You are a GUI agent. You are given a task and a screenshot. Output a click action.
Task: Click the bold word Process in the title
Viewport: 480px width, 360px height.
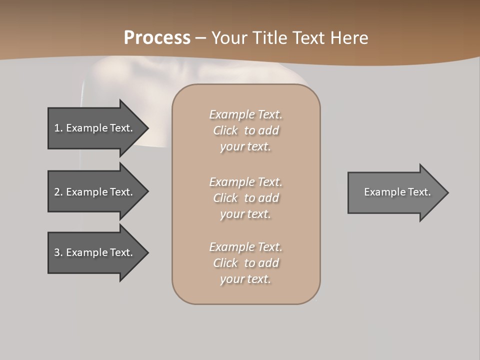coord(157,37)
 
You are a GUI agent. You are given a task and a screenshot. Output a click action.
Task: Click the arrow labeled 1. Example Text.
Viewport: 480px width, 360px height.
coord(95,128)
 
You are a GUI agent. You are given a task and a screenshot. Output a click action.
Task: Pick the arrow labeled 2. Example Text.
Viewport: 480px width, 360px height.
coord(95,192)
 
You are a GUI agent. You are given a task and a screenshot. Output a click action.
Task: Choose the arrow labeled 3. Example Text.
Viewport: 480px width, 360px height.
coord(95,252)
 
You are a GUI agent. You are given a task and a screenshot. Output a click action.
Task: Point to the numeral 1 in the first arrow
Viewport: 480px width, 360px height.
coord(57,128)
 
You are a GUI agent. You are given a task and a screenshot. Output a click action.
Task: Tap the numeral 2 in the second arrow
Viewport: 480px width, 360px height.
coord(57,192)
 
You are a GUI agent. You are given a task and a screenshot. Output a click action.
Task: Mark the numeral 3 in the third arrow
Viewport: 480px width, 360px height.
coord(57,252)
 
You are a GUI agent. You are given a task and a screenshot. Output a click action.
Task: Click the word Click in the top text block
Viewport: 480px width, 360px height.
coord(225,130)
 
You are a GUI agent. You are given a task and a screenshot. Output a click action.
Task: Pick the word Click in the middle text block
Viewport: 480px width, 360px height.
coord(225,198)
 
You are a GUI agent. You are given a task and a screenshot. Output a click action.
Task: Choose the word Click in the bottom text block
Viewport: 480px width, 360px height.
coord(225,263)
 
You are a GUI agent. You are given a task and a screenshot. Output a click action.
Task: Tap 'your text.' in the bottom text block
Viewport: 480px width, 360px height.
coord(245,279)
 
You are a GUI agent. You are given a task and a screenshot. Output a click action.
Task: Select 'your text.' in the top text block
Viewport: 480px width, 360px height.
coord(245,146)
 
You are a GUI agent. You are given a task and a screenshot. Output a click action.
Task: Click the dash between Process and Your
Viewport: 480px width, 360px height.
coord(201,38)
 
